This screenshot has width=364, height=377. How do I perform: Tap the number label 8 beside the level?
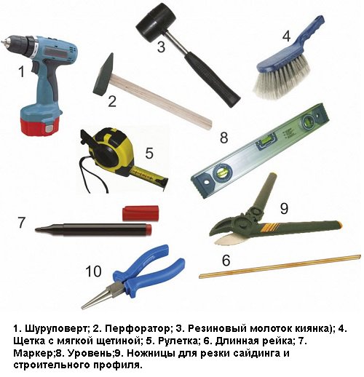pos(224,137)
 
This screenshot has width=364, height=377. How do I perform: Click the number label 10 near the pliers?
pos(92,271)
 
